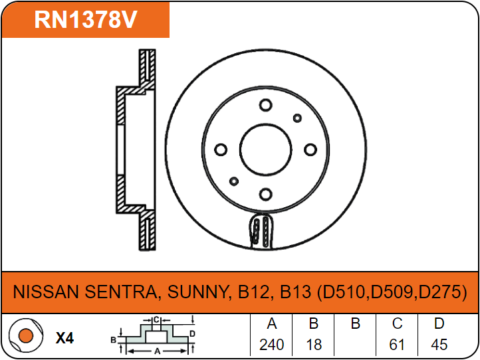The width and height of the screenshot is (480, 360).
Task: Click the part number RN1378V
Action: tap(86, 19)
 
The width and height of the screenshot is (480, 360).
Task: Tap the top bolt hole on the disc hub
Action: tap(265, 105)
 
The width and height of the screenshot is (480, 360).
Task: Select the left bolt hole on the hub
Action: tap(221, 149)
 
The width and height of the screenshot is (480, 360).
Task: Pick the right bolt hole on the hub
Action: tap(310, 149)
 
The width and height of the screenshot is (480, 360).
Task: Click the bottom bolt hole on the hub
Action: tap(265, 194)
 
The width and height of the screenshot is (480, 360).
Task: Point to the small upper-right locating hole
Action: tap(297, 118)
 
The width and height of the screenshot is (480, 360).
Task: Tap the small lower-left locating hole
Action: tap(234, 181)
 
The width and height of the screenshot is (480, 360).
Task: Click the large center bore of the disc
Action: tap(265, 149)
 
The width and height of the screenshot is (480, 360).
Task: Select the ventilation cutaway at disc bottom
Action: tap(262, 231)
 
